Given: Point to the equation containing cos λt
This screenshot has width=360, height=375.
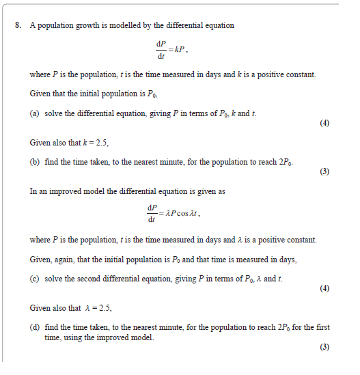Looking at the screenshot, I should point(174,212).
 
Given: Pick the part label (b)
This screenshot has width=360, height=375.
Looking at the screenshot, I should point(35,162).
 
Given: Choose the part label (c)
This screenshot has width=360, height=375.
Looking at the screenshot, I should point(35,279).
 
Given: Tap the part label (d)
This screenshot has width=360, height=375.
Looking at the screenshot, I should point(35,327).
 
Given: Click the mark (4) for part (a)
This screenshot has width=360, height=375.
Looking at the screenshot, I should point(324,124).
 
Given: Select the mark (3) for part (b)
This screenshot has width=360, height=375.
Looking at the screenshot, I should point(324,171).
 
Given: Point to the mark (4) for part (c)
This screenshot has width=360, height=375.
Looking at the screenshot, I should point(324,288).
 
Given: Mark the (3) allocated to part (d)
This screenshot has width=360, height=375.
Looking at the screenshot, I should point(324,347).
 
